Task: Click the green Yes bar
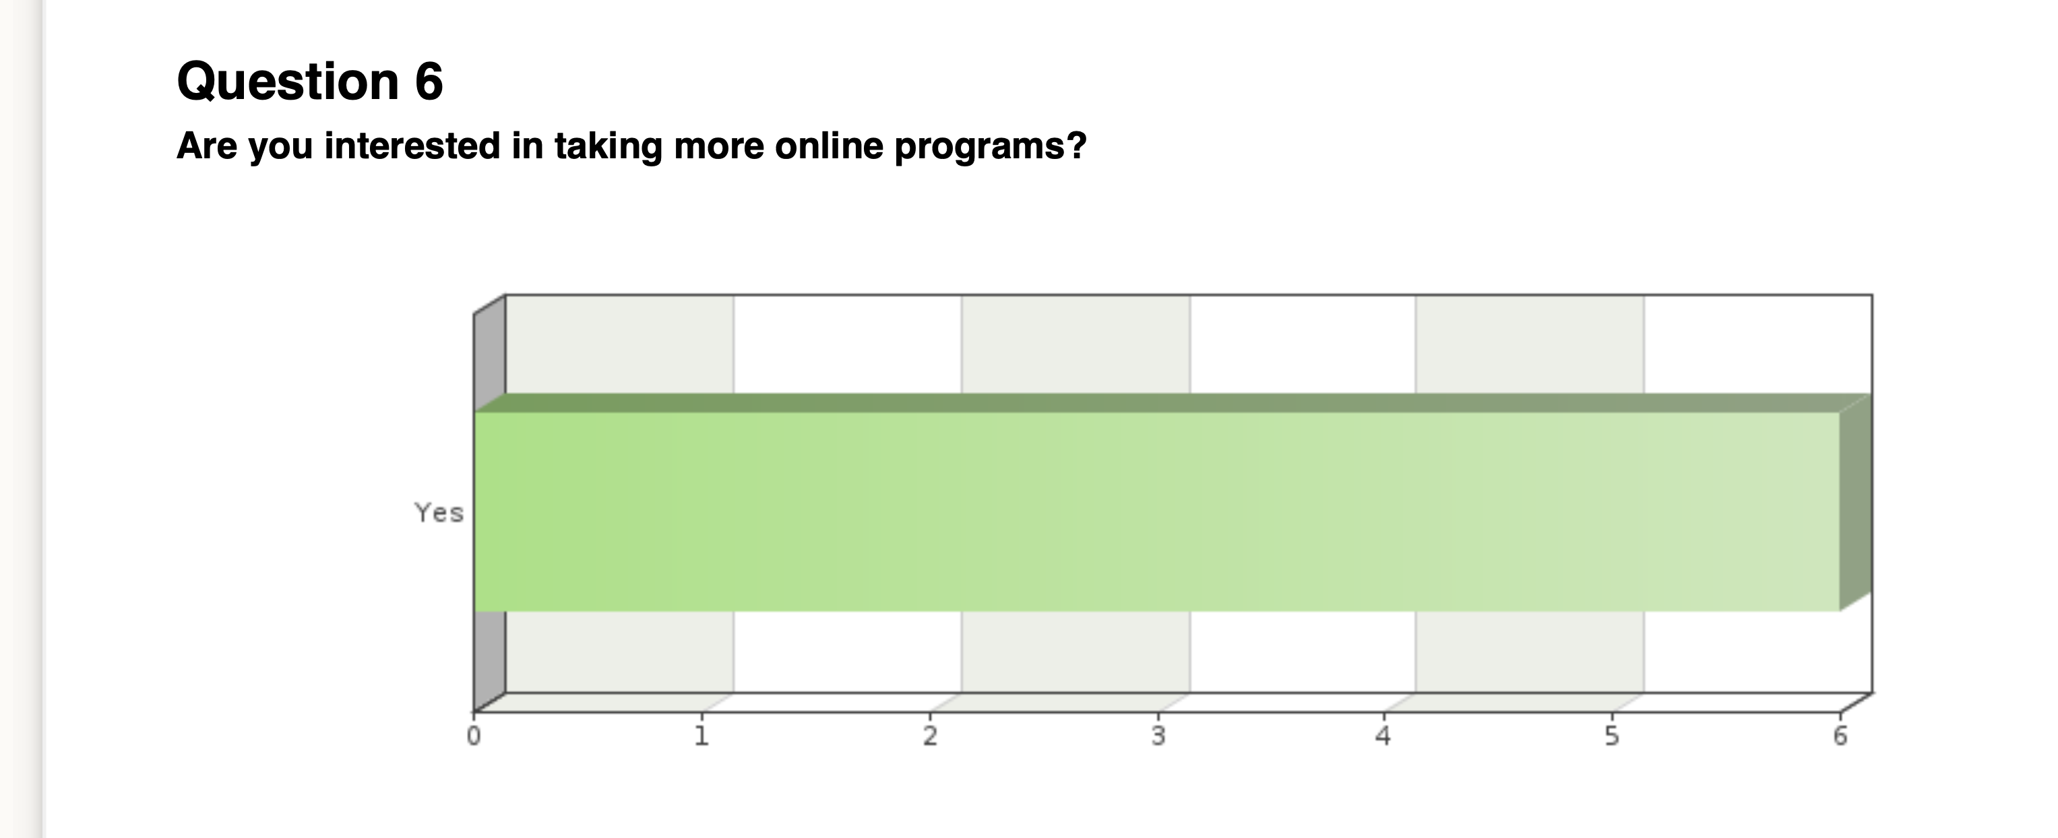click(x=1157, y=511)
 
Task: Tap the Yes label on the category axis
click(x=439, y=512)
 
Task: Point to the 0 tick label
click(x=474, y=736)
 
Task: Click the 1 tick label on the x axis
click(x=701, y=736)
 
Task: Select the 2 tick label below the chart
click(x=930, y=736)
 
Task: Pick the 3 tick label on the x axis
click(x=1158, y=736)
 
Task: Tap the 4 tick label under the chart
click(x=1383, y=736)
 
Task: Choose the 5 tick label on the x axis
click(x=1612, y=736)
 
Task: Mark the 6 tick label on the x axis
click(x=1840, y=736)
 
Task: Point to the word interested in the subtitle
click(x=412, y=146)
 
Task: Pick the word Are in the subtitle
click(x=207, y=146)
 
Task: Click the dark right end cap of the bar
click(x=1856, y=503)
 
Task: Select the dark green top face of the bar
click(x=1173, y=403)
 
